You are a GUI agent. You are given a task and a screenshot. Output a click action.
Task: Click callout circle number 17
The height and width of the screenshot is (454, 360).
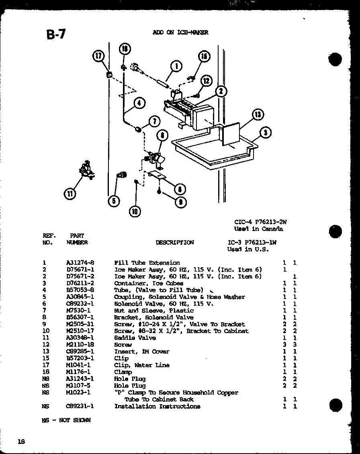point(98,56)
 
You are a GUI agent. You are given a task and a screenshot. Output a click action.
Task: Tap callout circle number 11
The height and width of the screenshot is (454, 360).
point(70,194)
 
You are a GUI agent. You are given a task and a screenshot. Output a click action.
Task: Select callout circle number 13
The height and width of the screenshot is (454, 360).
point(257,115)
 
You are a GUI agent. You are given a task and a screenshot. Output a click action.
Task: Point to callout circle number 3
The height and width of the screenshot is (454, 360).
point(266,132)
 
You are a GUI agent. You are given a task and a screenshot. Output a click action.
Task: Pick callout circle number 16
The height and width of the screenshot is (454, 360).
point(204,57)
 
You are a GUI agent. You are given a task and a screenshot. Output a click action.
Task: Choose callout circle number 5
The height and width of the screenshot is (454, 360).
point(114,201)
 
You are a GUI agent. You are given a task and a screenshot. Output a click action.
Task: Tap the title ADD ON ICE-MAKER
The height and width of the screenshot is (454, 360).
point(180,33)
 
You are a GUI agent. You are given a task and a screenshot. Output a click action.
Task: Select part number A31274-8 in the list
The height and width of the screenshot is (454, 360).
point(80,263)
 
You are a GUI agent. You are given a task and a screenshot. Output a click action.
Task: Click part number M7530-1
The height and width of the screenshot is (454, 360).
point(78,311)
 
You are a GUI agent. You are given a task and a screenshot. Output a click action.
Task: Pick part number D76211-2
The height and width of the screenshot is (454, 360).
point(80,283)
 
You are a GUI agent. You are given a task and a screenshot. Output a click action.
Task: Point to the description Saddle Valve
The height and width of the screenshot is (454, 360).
point(135,338)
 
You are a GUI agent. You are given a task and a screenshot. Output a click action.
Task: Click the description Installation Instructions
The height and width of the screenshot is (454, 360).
point(157,406)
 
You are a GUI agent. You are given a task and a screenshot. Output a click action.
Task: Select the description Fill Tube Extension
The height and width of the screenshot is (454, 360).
point(147,263)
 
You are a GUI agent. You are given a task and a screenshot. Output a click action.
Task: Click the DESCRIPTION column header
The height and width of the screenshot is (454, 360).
point(174,242)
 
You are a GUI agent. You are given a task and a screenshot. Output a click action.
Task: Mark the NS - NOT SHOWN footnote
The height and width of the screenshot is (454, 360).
point(66,420)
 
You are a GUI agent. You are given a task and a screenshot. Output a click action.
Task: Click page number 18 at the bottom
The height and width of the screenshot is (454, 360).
point(21,442)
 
